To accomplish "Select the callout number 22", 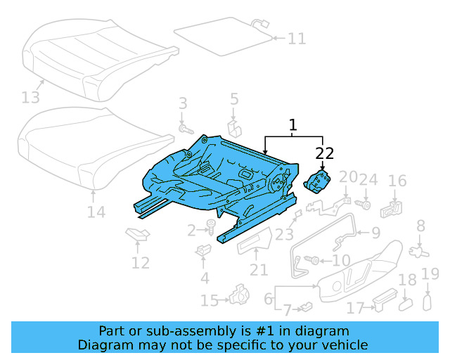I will (x=324, y=153).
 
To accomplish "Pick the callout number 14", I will (x=96, y=212).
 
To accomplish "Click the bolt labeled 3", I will (x=186, y=129).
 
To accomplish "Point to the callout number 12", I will (x=141, y=263).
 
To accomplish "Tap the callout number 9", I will (x=375, y=232).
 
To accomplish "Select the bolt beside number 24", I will (x=365, y=204).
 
